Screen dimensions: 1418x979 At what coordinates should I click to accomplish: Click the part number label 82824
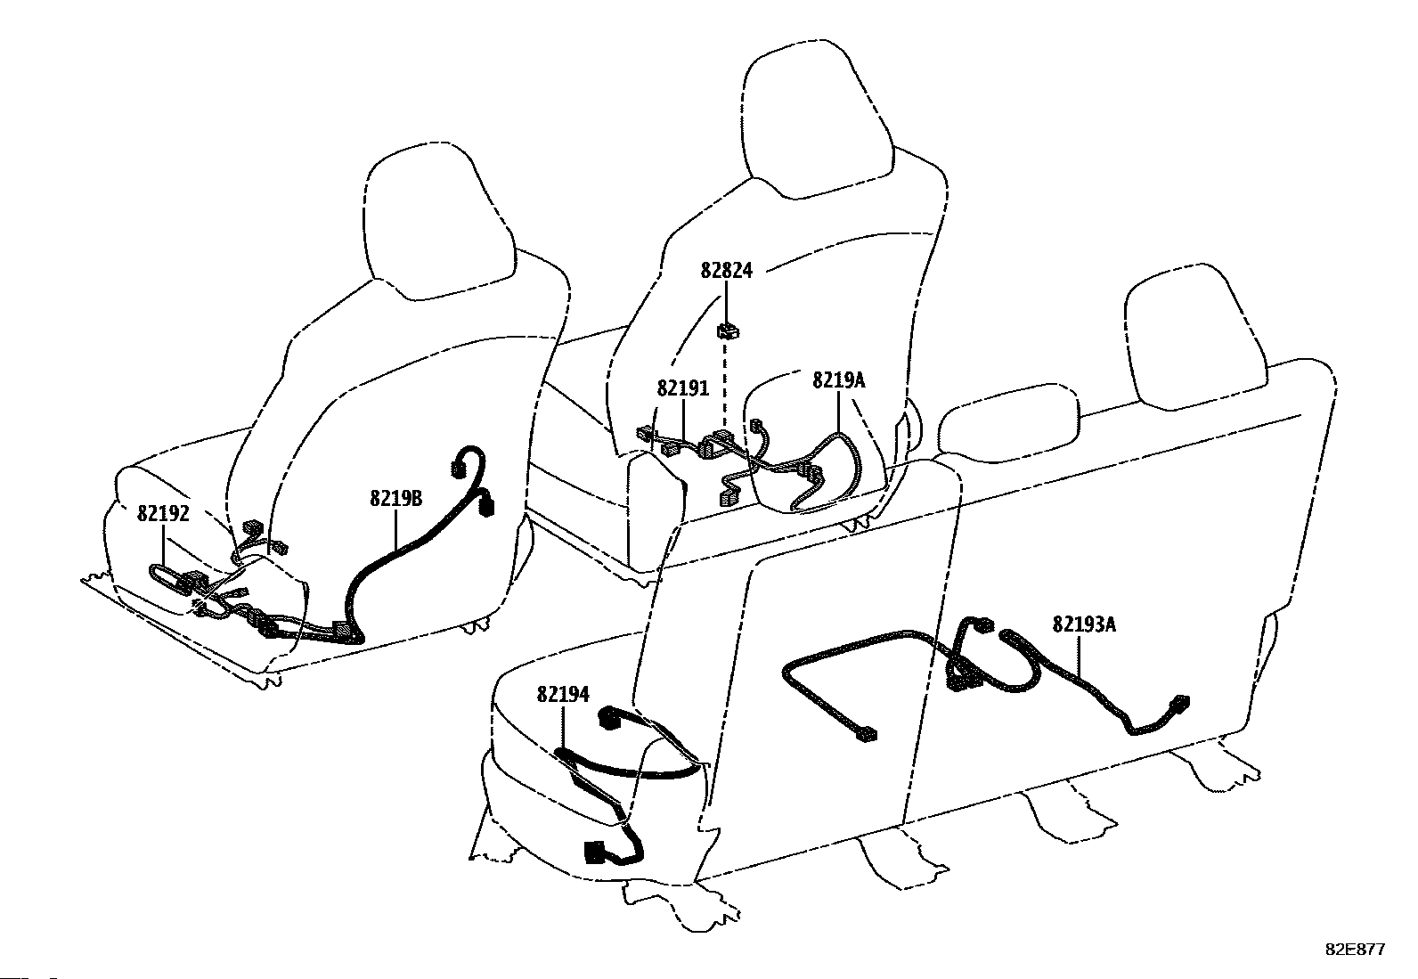coord(726,271)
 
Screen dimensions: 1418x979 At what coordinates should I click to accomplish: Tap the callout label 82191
coord(683,388)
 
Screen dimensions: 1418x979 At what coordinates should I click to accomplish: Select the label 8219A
coord(839,380)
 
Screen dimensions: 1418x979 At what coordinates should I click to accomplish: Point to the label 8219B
coord(396,499)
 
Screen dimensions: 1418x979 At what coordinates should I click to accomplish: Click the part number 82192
coord(163,514)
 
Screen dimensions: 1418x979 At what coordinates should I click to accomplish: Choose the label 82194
coord(563,695)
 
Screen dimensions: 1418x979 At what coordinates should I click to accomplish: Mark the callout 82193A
coord(1084,624)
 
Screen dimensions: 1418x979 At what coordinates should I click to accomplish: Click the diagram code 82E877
coord(1356,950)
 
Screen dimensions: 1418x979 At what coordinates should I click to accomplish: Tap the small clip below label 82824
coord(728,330)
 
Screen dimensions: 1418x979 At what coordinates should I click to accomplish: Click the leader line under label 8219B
coord(396,528)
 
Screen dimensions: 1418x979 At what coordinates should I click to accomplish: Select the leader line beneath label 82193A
coord(1080,654)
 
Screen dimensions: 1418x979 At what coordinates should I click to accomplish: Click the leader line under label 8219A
coord(839,412)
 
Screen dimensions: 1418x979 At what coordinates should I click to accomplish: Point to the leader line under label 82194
coord(563,727)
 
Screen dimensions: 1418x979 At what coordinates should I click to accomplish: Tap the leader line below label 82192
coord(163,546)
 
